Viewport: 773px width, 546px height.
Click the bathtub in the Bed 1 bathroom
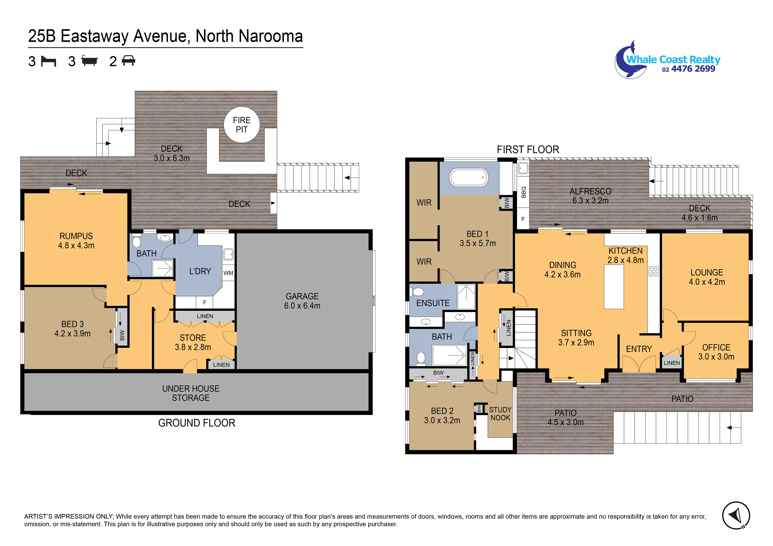pyautogui.click(x=469, y=178)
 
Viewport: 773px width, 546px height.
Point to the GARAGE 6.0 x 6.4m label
pyautogui.click(x=302, y=301)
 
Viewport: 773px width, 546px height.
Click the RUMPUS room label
pyautogui.click(x=76, y=240)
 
